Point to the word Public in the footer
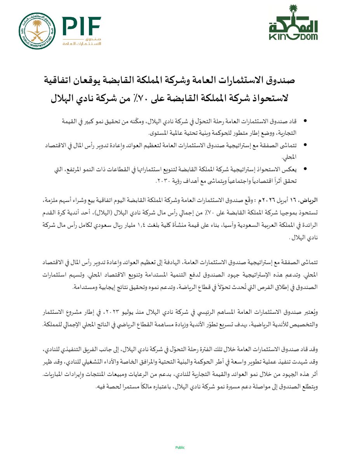click(180, 447)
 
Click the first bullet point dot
click(304, 122)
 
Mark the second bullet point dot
click(304, 145)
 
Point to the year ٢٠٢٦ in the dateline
click(268, 201)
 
